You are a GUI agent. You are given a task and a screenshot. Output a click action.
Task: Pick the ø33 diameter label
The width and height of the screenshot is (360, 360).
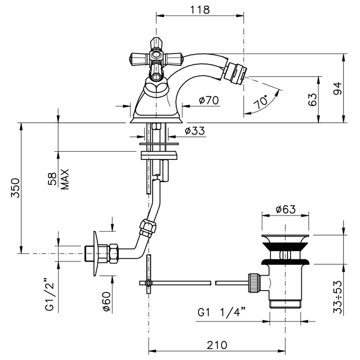pos(194,131)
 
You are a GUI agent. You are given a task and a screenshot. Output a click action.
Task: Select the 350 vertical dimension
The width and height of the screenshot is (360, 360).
pos(15,189)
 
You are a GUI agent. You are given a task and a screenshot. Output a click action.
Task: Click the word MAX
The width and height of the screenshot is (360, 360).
pos(65,179)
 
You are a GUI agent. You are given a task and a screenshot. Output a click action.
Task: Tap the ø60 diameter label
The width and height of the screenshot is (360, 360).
pos(106,300)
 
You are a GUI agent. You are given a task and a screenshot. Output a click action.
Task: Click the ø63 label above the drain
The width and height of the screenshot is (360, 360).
pos(285,209)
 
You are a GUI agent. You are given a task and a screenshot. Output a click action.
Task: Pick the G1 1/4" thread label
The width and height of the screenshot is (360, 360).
pos(222,312)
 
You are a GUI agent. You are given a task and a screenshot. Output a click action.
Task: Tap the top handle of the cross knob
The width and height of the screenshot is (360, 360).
pos(156,42)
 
